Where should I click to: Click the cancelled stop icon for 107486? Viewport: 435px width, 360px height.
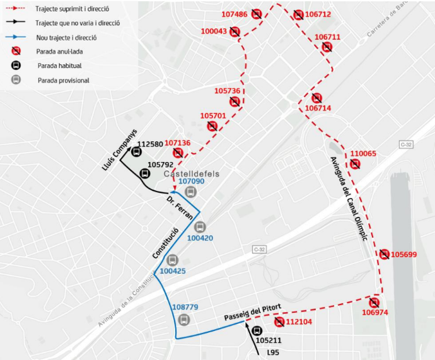pyautogui.click(x=256, y=15)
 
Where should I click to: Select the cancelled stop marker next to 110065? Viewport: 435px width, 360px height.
pyautogui.click(x=355, y=164)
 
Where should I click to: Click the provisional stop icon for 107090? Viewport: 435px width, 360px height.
pyautogui.click(x=191, y=192)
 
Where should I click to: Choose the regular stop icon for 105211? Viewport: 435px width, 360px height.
pyautogui.click(x=257, y=331)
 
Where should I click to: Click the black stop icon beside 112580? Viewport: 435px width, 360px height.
pyautogui.click(x=137, y=152)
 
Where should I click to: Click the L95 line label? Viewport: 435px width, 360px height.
pyautogui.click(x=273, y=352)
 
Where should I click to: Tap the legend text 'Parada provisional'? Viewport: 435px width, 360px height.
pyautogui.click(x=63, y=80)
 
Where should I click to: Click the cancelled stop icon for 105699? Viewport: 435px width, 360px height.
pyautogui.click(x=384, y=254)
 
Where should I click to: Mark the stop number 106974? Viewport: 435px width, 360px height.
pyautogui.click(x=375, y=312)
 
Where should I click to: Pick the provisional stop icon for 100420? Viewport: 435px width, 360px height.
pyautogui.click(x=200, y=227)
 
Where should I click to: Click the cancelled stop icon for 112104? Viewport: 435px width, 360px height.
pyautogui.click(x=279, y=322)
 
